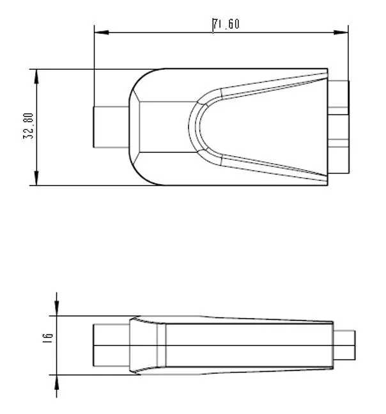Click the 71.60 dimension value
coord(226,24)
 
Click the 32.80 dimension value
coord(29,127)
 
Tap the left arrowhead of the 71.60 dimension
coord(98,31)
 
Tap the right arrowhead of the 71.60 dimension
coord(344,31)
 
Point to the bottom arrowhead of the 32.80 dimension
coord(36,180)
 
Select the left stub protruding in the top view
coord(111,127)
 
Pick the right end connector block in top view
coord(339,127)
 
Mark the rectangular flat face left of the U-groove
coord(165,127)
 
